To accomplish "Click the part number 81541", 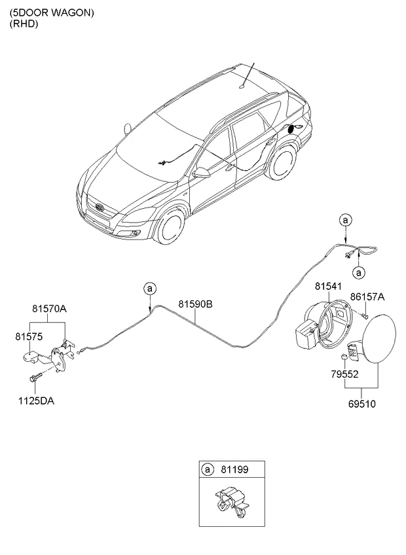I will pos(327,287).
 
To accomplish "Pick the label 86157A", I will pos(367,297).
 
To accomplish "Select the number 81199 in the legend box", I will pos(236,470).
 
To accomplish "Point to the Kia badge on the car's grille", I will pos(100,207).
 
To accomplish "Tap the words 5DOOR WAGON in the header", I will pos(52,12).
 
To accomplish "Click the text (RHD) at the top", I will pos(24,24).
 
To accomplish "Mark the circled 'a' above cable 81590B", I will pos(150,288).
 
